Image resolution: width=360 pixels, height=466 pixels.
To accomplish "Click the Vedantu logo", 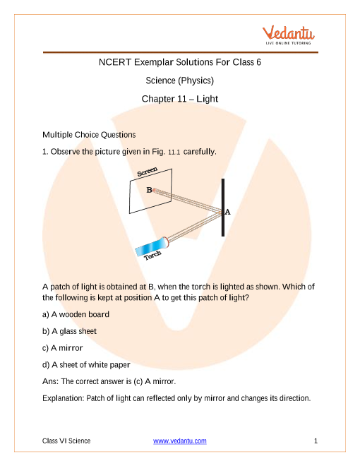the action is tap(288, 35).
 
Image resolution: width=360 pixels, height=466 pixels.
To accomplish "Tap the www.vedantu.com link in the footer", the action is tap(180, 441).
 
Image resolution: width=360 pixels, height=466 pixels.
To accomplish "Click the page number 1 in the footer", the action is tap(316, 441).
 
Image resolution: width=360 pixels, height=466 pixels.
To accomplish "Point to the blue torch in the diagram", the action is tap(152, 246).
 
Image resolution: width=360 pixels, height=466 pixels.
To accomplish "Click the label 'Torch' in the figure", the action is tap(152, 255).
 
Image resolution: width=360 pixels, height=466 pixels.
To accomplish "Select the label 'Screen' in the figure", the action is tap(147, 172).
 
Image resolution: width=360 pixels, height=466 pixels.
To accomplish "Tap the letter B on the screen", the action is tap(149, 190).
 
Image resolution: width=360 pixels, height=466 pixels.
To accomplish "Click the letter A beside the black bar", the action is tap(227, 212).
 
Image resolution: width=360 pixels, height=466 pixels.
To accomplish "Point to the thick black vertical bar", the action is tap(223, 208).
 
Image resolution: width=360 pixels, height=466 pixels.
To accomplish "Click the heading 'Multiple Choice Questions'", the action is tap(89, 135).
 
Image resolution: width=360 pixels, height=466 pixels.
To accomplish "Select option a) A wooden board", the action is tap(76, 314).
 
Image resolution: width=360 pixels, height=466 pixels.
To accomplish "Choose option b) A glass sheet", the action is tap(69, 331).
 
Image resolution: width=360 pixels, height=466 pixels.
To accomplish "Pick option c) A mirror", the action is tap(62, 347).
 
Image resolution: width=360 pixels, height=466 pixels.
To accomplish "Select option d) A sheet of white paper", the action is tap(86, 364).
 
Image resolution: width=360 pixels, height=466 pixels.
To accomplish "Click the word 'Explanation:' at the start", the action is tap(64, 398).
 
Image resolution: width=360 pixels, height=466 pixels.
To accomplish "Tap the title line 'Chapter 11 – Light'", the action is tap(180, 99).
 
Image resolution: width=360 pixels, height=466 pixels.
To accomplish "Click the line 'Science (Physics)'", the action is tap(180, 80).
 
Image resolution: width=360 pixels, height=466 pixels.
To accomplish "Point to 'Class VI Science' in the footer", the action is tap(66, 441).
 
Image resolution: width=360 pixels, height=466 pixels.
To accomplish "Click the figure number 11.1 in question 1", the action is tap(174, 153).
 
